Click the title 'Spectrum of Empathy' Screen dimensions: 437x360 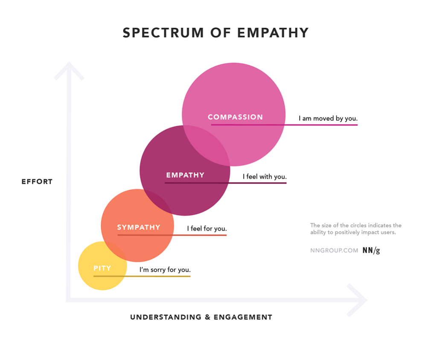pyautogui.click(x=216, y=32)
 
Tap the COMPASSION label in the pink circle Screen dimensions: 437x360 pyautogui.click(x=235, y=117)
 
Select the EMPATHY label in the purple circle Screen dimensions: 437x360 pyautogui.click(x=185, y=175)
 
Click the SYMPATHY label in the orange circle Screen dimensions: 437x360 pyautogui.click(x=139, y=227)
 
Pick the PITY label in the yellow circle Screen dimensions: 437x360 pyautogui.click(x=102, y=268)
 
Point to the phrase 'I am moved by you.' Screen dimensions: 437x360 pyautogui.click(x=328, y=119)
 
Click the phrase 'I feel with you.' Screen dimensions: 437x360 pyautogui.click(x=265, y=177)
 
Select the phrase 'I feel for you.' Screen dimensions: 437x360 pyautogui.click(x=207, y=229)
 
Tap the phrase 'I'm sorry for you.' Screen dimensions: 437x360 pyautogui.click(x=165, y=270)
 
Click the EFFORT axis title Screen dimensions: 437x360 pyautogui.click(x=37, y=182)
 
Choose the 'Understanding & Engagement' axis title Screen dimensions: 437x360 pyautogui.click(x=201, y=317)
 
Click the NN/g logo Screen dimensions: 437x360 pyautogui.click(x=371, y=250)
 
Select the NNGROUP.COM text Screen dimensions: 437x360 pyautogui.click(x=334, y=250)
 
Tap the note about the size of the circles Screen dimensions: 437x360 pyautogui.click(x=356, y=229)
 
